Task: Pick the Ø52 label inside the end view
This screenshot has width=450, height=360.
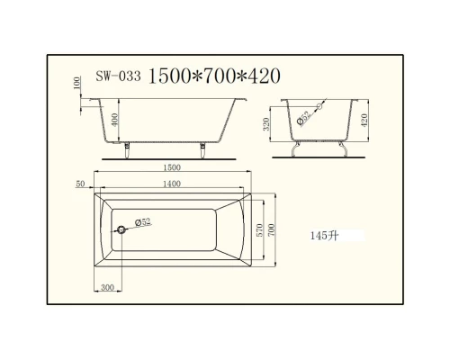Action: [303, 118]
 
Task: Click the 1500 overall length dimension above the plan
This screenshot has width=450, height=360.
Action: [172, 168]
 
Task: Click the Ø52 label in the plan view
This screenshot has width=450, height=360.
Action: [142, 221]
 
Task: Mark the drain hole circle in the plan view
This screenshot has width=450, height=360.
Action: [120, 229]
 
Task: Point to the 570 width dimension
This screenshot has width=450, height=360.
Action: [262, 229]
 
